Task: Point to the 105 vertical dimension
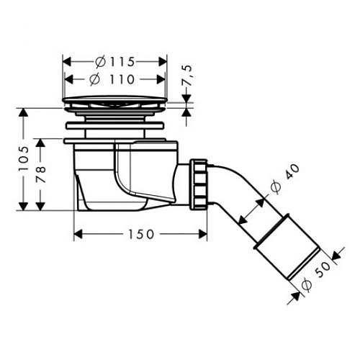pos(24,159)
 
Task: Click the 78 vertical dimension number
pos(43,174)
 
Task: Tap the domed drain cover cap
pos(117,100)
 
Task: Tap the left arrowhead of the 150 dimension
pos(78,234)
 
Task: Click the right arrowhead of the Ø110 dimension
pos(165,78)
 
